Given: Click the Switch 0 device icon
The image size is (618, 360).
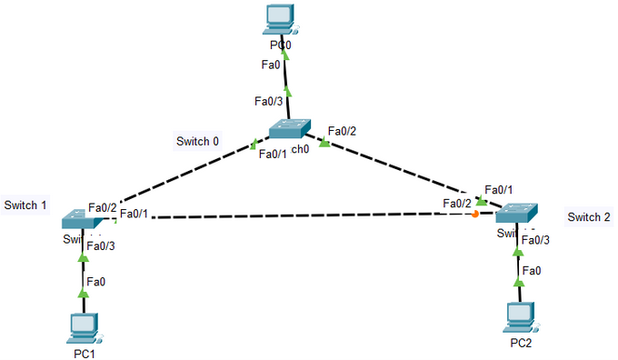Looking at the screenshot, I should coord(290,130).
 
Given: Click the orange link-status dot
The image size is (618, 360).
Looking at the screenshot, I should coord(475,215).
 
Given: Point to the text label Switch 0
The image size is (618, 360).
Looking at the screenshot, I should coord(197,141).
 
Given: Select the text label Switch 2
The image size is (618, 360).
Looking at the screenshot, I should coord(589,216).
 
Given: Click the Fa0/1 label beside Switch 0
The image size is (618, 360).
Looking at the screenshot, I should coord(273,154).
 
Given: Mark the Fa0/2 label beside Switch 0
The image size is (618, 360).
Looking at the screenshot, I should coord(342,131).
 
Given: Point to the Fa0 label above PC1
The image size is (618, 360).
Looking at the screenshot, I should coord(95,282).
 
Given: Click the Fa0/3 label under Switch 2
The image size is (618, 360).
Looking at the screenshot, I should coord(535,239).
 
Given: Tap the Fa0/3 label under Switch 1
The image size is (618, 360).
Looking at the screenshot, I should coord(101,245).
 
